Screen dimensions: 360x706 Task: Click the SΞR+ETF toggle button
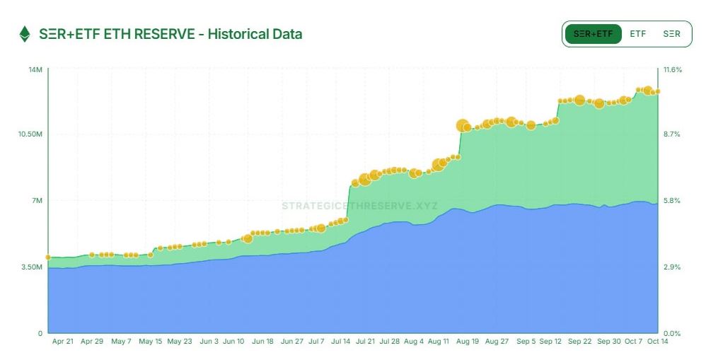click(593, 33)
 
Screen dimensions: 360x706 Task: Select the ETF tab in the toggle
click(638, 33)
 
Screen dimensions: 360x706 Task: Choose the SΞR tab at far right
click(672, 33)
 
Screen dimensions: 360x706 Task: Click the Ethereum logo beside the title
click(25, 34)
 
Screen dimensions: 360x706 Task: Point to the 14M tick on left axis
click(35, 69)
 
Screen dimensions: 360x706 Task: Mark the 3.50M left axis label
click(32, 267)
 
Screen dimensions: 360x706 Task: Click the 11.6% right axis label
click(672, 69)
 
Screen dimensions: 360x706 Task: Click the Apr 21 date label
click(63, 341)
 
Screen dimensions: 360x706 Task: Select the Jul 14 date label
click(340, 341)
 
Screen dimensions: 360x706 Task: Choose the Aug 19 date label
click(468, 341)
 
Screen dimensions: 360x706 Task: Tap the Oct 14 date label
click(658, 341)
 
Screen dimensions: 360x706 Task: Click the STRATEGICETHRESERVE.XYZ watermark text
click(359, 207)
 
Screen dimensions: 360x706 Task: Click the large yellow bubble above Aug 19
click(463, 126)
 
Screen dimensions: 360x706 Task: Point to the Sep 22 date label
click(580, 341)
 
